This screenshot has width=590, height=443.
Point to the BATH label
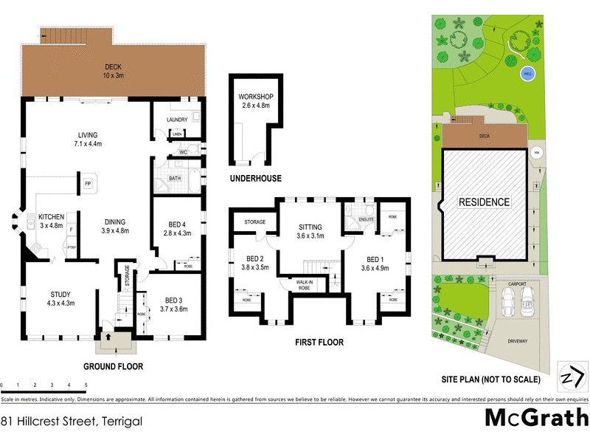[174, 178]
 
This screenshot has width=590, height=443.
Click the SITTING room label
[310, 231]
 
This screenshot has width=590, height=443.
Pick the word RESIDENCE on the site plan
[485, 202]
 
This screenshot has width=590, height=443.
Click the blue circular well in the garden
[527, 72]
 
